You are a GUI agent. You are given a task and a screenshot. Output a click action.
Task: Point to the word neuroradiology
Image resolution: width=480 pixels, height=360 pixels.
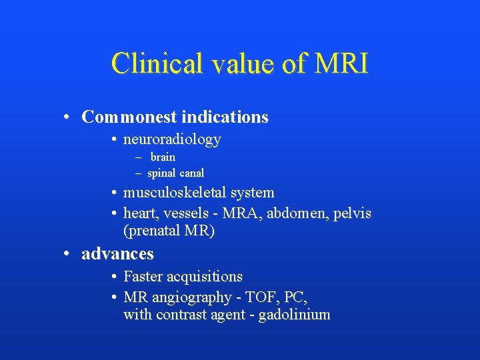[x=172, y=139]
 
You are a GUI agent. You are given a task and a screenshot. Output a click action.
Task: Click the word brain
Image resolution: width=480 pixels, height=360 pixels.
[x=163, y=157]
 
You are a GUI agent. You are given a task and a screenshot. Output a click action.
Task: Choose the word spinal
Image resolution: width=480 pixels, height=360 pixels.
[x=161, y=173]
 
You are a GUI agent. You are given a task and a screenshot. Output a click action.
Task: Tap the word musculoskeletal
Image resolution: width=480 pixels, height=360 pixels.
[x=175, y=193]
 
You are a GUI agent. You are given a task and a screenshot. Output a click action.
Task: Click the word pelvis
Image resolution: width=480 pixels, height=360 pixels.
[x=351, y=213]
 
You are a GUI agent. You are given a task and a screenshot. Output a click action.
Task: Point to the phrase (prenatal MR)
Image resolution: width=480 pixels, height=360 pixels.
[x=169, y=231]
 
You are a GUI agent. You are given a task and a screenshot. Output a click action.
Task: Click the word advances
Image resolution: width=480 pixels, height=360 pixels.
[x=117, y=254]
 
